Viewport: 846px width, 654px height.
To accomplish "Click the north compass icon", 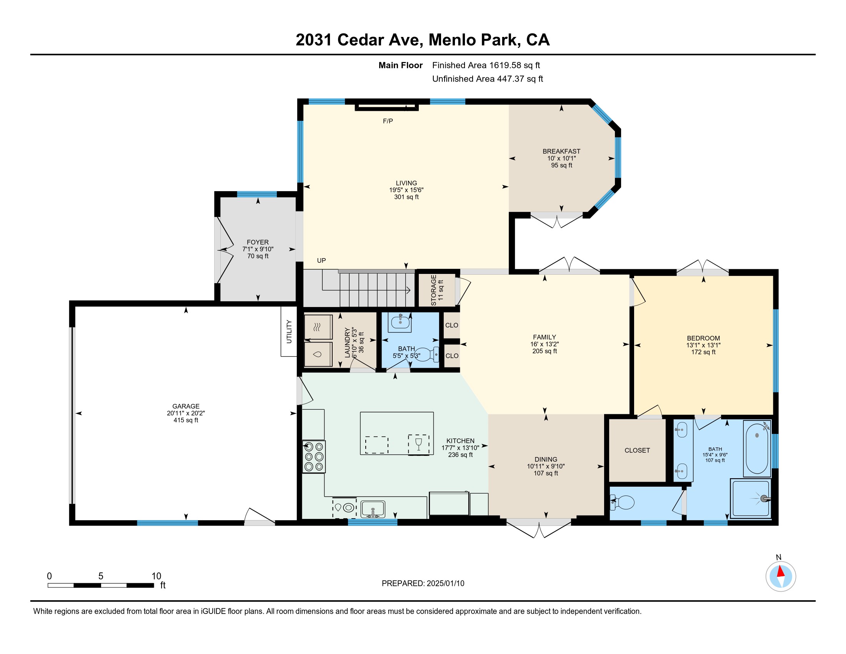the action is [x=781, y=576].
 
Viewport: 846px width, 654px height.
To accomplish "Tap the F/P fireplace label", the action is [x=388, y=121].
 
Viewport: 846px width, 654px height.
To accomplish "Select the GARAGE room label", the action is [x=186, y=406].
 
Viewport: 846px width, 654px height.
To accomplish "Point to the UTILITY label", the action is [x=289, y=331].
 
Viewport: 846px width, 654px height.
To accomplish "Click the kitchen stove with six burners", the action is [x=314, y=457].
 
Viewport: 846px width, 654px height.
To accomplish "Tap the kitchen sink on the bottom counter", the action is [x=373, y=509].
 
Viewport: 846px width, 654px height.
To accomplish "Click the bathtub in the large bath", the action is [x=757, y=449].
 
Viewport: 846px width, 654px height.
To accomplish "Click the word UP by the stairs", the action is [x=321, y=260].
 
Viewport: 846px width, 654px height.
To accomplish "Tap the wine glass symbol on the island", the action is [x=418, y=444].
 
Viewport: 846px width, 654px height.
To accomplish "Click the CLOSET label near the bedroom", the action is [x=637, y=450].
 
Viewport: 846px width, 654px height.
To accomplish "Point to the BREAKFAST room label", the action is [x=561, y=151].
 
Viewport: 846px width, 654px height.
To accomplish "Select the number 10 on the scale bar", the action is [x=156, y=576].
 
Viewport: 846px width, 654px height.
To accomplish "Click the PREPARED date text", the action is [x=423, y=583].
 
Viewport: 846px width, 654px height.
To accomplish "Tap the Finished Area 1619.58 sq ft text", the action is [x=486, y=65].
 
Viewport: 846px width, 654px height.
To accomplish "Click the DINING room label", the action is [x=546, y=459].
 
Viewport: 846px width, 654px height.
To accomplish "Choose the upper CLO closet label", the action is [x=452, y=325].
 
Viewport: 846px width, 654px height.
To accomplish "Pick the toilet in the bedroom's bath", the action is [x=623, y=502].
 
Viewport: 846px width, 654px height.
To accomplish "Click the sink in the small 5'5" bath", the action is [x=400, y=322].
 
